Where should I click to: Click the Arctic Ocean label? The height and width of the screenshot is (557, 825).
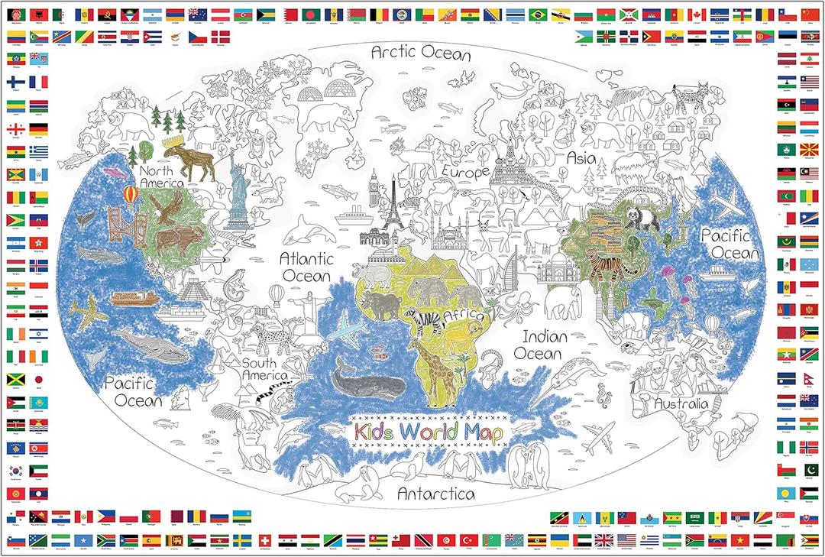click(x=420, y=53)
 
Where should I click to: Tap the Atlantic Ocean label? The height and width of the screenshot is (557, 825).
click(x=305, y=267)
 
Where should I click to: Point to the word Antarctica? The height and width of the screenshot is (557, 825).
click(x=435, y=494)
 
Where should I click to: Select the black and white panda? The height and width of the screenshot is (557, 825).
click(x=636, y=219)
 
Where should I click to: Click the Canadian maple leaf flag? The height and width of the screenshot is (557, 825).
click(x=695, y=15)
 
